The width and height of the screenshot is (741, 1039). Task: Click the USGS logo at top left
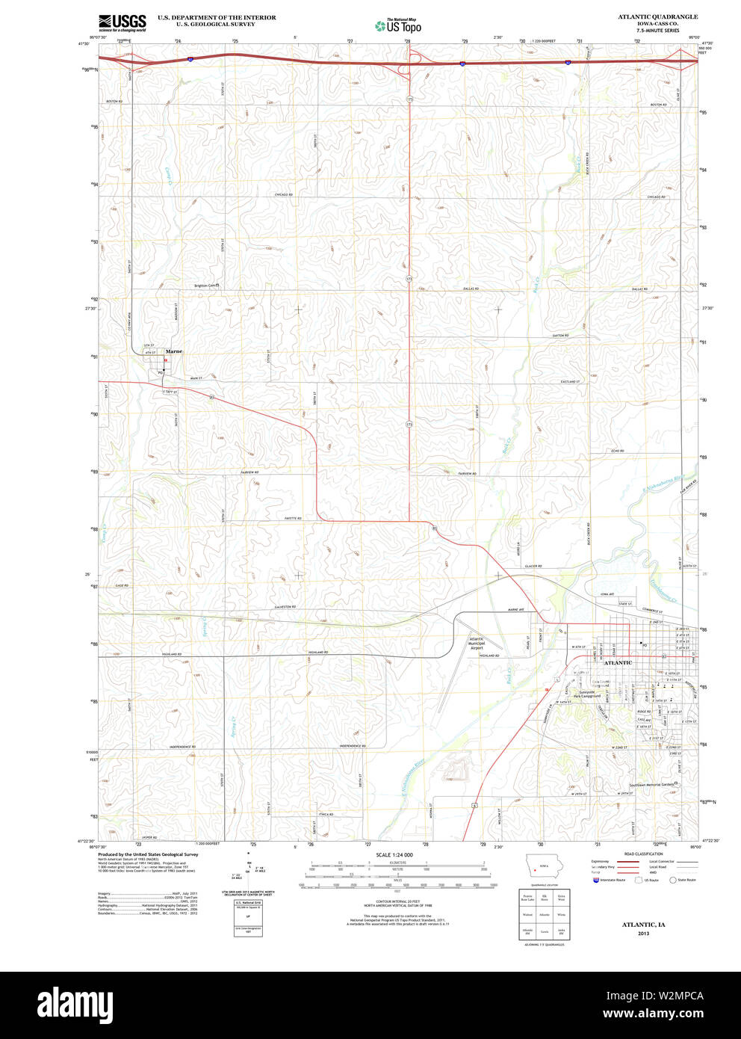[123, 22]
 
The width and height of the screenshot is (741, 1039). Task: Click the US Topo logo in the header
[398, 26]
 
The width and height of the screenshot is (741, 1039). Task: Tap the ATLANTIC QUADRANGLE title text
[657, 16]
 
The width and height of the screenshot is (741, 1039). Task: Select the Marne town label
[174, 351]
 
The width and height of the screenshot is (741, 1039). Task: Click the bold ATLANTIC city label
[618, 663]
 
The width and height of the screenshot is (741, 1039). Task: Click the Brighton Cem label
[205, 285]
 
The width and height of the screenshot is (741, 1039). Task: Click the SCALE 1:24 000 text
[394, 855]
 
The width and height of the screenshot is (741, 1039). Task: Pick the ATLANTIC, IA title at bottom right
[644, 925]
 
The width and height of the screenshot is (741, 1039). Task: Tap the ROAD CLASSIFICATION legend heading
[644, 854]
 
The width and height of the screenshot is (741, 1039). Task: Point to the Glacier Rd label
[533, 567]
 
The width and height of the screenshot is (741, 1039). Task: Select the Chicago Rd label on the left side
[283, 194]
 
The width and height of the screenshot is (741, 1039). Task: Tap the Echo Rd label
[617, 451]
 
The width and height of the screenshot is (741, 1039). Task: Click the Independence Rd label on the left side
[182, 747]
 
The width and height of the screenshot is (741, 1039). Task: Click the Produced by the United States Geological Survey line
[148, 854]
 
